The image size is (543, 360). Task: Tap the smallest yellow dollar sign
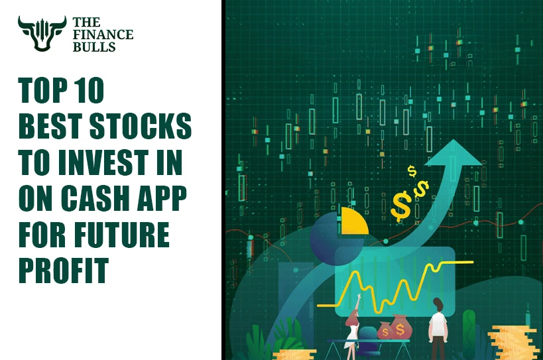pyautogui.click(x=412, y=172)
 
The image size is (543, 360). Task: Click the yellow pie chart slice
pyautogui.click(x=355, y=221)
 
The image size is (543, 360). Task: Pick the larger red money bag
pyautogui.click(x=400, y=327)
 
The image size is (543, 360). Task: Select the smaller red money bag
pyautogui.click(x=385, y=330)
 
